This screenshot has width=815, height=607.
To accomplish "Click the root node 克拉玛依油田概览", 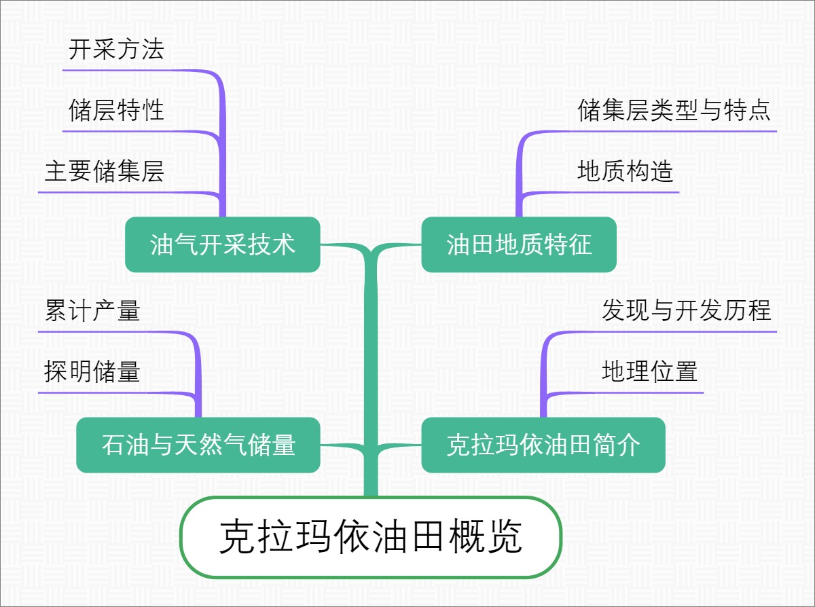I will pyautogui.click(x=371, y=538).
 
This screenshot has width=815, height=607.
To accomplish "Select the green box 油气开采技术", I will pyautogui.click(x=223, y=244).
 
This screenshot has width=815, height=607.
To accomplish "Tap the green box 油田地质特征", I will pyautogui.click(x=519, y=244).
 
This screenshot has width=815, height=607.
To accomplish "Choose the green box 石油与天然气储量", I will pyautogui.click(x=198, y=445).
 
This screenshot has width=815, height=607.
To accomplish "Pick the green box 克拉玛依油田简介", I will pyautogui.click(x=543, y=445).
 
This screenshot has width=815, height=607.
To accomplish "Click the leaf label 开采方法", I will pyautogui.click(x=116, y=50).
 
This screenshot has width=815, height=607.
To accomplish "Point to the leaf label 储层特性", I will pyautogui.click(x=116, y=110).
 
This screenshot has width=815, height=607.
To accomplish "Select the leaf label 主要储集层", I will pyautogui.click(x=104, y=171).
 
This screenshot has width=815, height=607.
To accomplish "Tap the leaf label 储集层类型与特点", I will pyautogui.click(x=674, y=110).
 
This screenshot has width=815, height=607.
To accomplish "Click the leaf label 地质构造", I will pyautogui.click(x=626, y=171).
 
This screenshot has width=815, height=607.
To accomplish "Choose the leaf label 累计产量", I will pyautogui.click(x=92, y=311).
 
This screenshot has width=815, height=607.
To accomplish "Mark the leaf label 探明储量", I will pyautogui.click(x=92, y=371).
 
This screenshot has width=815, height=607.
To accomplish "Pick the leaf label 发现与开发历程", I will pyautogui.click(x=687, y=311).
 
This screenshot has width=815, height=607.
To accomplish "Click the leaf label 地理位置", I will pyautogui.click(x=650, y=371).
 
